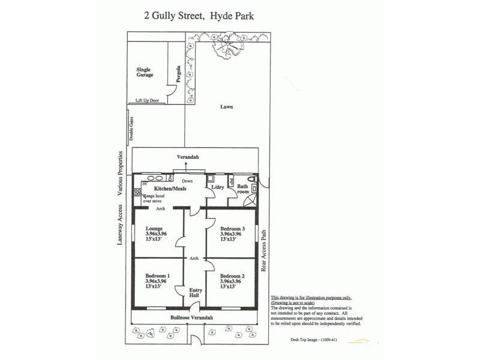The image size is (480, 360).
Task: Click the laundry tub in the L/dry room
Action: point(210,178)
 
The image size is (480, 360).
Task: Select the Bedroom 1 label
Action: point(157,275)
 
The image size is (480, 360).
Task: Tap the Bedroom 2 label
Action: point(230,275)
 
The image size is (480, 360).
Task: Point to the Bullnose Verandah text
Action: point(192,317)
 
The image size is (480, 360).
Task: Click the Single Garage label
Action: point(145,73)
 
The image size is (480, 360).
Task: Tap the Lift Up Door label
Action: point(148,100)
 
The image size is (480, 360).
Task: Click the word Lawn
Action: point(226,107)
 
